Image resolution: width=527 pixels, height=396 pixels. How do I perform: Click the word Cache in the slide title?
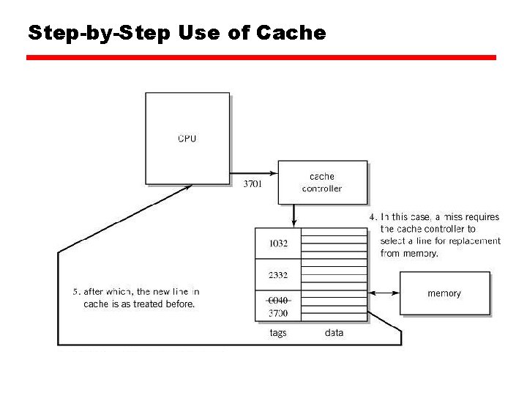pyautogui.click(x=291, y=33)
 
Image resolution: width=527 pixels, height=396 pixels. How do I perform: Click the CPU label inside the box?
pyautogui.click(x=187, y=139)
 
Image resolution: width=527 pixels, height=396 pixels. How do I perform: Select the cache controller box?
pyautogui.click(x=322, y=183)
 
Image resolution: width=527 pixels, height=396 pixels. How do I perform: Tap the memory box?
pyautogui.click(x=444, y=293)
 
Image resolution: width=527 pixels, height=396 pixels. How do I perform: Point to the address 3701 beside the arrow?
pyautogui.click(x=253, y=184)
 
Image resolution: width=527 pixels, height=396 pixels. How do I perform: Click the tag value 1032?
pyautogui.click(x=278, y=244)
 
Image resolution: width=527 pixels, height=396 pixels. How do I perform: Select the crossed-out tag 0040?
pyautogui.click(x=278, y=300)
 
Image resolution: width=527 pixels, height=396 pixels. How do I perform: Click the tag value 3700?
pyautogui.click(x=278, y=313)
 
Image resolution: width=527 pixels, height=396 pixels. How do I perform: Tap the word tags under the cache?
pyautogui.click(x=278, y=333)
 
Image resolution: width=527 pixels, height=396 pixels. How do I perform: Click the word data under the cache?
pyautogui.click(x=334, y=333)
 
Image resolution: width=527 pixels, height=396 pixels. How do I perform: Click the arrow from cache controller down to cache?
pyautogui.click(x=294, y=216)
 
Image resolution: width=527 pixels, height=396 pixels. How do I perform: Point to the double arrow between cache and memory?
pyautogui.click(x=384, y=293)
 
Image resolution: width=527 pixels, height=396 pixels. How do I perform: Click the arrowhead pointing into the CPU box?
pyautogui.click(x=188, y=186)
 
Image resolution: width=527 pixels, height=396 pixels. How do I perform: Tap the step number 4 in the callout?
pyautogui.click(x=372, y=217)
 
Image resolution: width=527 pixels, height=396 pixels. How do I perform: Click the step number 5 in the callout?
pyautogui.click(x=75, y=292)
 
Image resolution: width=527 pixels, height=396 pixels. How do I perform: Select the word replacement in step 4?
pyautogui.click(x=476, y=241)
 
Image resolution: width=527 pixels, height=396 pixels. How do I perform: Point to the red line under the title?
pyautogui.click(x=261, y=57)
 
